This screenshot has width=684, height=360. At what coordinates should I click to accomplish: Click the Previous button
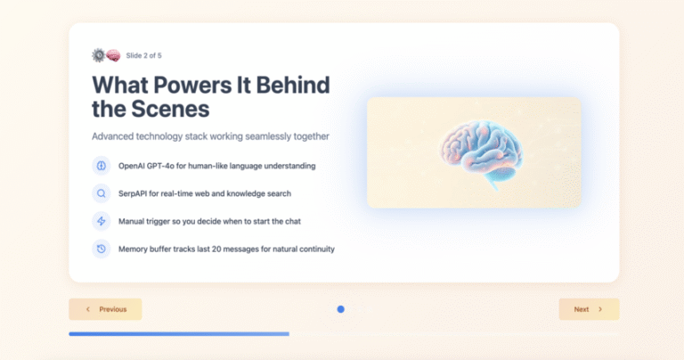tap(105, 309)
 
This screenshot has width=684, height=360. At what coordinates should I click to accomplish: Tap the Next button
tap(589, 309)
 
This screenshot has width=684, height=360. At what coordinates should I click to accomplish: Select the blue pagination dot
tap(341, 309)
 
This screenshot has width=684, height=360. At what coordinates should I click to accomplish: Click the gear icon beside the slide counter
tap(99, 55)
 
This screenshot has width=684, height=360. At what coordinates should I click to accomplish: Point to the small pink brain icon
tap(113, 55)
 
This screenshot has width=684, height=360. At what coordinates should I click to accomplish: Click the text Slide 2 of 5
tap(143, 55)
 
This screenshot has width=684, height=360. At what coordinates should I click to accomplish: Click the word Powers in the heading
tap(192, 85)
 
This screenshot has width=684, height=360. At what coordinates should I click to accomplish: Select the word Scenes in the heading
tap(171, 109)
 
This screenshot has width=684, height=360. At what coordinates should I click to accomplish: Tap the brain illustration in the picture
tap(481, 153)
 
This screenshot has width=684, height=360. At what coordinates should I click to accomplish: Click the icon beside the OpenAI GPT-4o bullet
tap(102, 166)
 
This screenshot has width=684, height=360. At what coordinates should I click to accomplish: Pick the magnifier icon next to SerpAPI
tap(102, 193)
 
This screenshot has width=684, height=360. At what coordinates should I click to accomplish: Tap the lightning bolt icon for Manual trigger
tap(102, 221)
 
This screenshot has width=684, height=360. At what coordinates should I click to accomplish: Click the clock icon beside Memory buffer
tap(102, 249)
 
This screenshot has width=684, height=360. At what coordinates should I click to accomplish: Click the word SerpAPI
tap(133, 193)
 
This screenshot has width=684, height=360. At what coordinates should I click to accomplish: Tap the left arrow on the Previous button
tap(88, 309)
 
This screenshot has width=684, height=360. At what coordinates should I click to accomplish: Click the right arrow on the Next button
tap(600, 309)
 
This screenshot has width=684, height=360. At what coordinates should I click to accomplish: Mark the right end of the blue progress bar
tap(289, 334)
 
